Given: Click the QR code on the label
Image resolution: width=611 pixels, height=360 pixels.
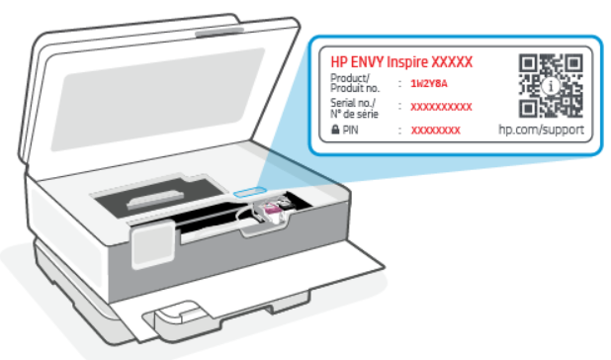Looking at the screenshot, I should (551, 86).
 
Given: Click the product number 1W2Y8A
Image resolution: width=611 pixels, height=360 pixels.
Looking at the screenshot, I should (428, 85).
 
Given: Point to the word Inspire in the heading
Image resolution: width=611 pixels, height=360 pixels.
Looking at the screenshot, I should (416, 60).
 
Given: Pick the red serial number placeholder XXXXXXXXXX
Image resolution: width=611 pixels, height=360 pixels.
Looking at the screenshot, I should (441, 107).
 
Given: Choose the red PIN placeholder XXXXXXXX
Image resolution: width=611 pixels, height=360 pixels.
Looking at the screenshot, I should (435, 131).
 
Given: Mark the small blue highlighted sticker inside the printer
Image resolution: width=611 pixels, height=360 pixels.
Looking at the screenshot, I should (250, 188).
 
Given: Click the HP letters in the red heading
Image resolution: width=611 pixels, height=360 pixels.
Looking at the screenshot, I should (337, 60).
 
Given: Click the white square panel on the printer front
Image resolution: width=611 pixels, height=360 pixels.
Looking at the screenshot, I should (154, 242).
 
